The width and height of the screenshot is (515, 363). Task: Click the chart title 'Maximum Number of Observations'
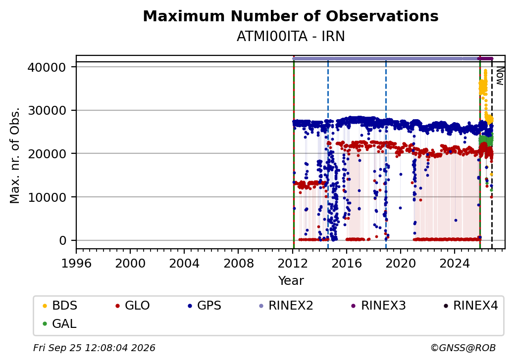[x=291, y=16]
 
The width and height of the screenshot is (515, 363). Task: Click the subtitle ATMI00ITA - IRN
[x=291, y=37]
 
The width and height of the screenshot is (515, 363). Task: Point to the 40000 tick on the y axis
[x=47, y=67]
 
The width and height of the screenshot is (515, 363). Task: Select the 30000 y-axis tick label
[x=47, y=110]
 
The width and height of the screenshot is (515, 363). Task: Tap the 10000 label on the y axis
[x=47, y=197]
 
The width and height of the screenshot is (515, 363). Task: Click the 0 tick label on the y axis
[x=62, y=241]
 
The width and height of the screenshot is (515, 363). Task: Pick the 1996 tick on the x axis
[x=76, y=263]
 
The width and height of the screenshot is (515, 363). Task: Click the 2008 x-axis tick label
[x=239, y=263]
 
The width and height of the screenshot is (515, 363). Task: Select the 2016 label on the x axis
[x=347, y=263]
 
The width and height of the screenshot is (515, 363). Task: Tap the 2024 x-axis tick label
[x=455, y=263]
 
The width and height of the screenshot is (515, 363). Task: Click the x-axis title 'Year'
[x=291, y=281]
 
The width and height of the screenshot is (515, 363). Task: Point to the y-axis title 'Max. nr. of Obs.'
[x=15, y=155]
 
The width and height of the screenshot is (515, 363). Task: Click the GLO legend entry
[x=133, y=306]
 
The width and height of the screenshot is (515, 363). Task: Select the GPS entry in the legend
[x=205, y=306]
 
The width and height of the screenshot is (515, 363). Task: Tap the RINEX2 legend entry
[x=286, y=306]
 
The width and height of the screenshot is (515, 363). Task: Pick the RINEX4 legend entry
[x=470, y=306]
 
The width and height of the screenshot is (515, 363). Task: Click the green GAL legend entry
[x=60, y=323]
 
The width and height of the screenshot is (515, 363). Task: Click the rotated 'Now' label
[x=500, y=76]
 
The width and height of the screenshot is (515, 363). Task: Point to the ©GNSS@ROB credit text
[x=463, y=348]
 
